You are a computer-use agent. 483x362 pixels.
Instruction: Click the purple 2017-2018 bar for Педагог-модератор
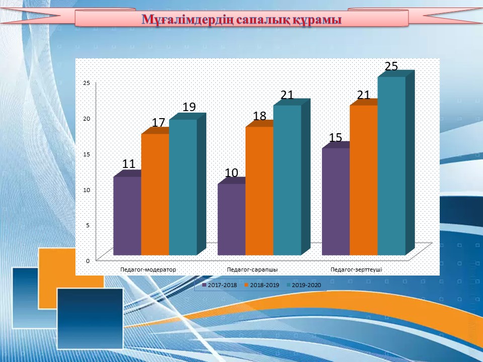(127, 216)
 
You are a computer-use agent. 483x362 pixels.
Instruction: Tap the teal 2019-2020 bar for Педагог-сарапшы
(287, 180)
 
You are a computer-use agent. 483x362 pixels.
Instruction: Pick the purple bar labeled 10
(231, 220)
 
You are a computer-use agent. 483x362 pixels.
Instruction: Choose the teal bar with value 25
(391, 166)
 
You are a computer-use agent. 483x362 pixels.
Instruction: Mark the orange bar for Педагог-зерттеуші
(363, 180)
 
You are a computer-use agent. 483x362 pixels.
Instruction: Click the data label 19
(189, 107)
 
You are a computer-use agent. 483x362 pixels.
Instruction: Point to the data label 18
(260, 116)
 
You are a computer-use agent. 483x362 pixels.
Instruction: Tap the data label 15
(336, 138)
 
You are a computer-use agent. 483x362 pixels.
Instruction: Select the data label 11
(129, 164)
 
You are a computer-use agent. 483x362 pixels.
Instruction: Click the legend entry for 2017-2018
(220, 285)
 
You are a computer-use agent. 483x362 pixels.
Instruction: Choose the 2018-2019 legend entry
(262, 285)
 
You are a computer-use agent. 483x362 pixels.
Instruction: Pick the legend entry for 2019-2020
(304, 285)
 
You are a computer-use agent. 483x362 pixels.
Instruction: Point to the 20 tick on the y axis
(87, 119)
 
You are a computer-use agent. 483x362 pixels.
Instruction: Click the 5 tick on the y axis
(88, 225)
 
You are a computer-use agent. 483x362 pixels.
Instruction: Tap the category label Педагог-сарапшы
(252, 269)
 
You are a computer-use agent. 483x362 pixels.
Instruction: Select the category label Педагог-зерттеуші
(356, 269)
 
